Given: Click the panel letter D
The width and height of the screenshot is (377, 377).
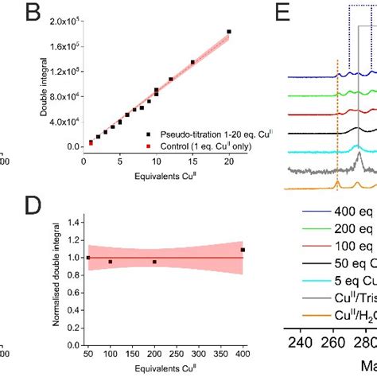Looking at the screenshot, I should (x=53, y=207).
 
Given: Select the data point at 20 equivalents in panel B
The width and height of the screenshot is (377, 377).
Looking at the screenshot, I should (x=229, y=32).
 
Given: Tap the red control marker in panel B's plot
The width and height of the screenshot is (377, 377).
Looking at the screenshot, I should (x=91, y=143).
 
